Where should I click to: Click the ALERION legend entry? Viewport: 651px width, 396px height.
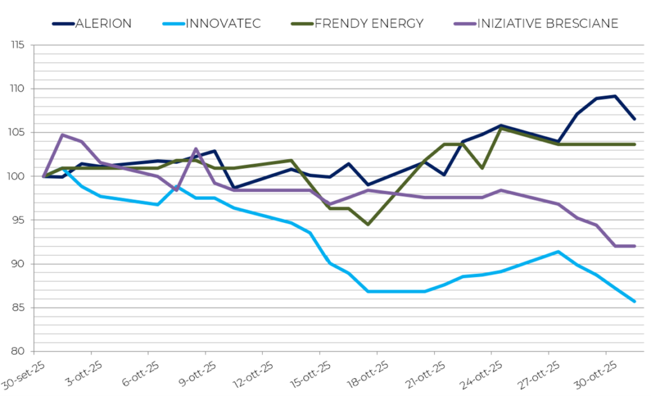tap(103, 24)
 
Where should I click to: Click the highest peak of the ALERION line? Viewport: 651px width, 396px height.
tap(615, 96)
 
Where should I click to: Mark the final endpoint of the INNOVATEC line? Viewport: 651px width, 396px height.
tap(634, 301)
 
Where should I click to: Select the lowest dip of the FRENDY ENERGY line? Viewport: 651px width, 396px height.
tap(367, 224)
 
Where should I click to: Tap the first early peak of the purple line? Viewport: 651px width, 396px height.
tap(62, 135)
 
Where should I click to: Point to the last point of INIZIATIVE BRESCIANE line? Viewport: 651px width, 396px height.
tap(634, 246)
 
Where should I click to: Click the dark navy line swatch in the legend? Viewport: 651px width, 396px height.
tap(63, 24)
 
